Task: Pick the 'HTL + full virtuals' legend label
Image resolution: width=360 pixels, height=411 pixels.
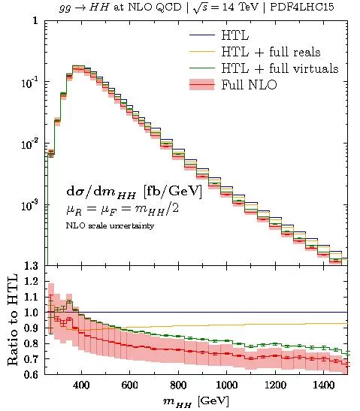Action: pyautogui.click(x=277, y=68)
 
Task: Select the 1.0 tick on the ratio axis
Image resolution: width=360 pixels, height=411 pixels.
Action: pyautogui.click(x=31, y=312)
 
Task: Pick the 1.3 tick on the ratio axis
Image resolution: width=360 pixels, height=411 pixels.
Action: pyautogui.click(x=31, y=266)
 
